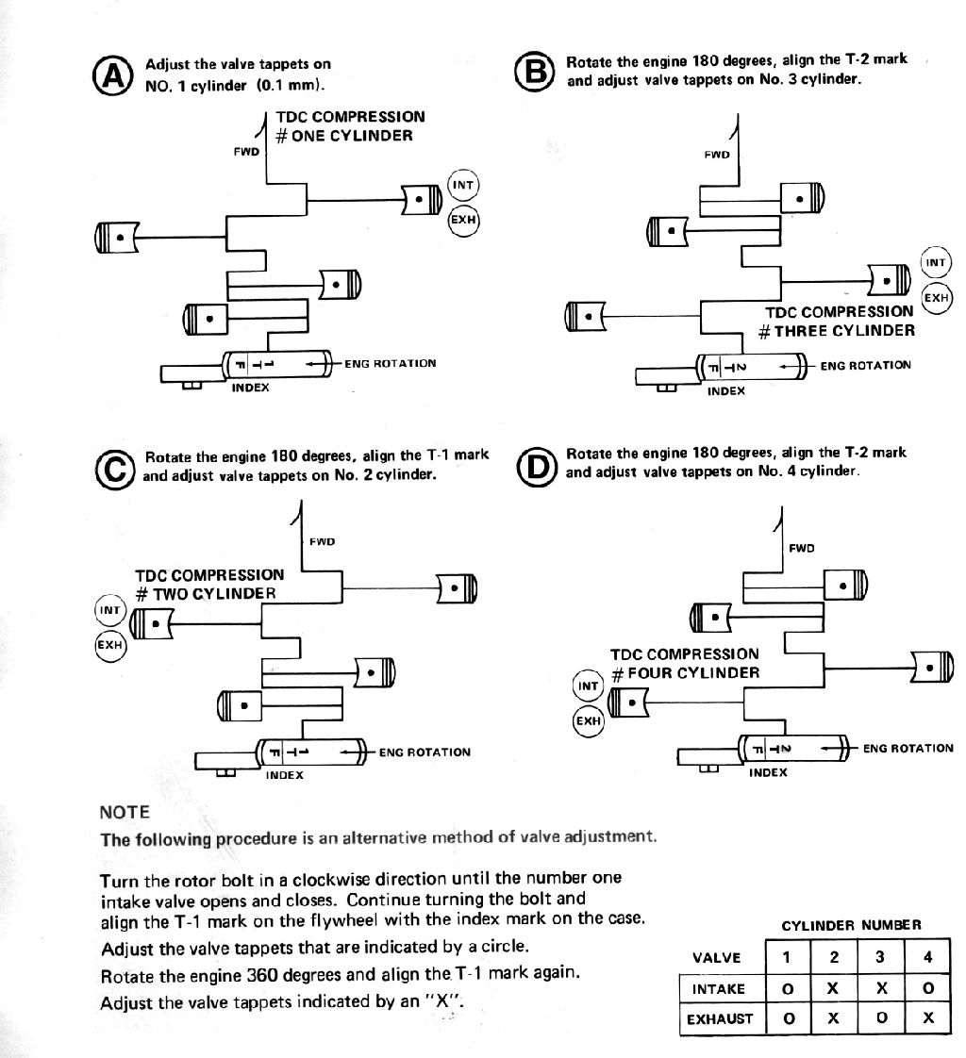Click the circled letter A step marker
click(112, 74)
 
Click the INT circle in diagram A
click(463, 185)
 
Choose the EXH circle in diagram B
click(937, 298)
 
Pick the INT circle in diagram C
click(110, 610)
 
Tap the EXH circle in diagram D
click(588, 720)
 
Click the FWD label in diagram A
click(246, 152)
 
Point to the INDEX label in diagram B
click(726, 390)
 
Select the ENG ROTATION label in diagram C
click(425, 752)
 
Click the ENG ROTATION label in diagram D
click(908, 749)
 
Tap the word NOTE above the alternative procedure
click(125, 813)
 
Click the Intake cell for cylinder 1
click(787, 989)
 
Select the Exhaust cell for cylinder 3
click(881, 1017)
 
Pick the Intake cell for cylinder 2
click(834, 989)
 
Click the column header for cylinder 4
click(927, 957)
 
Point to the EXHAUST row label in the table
click(720, 1018)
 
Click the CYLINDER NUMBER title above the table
click(851, 925)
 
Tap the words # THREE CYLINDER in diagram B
click(837, 331)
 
